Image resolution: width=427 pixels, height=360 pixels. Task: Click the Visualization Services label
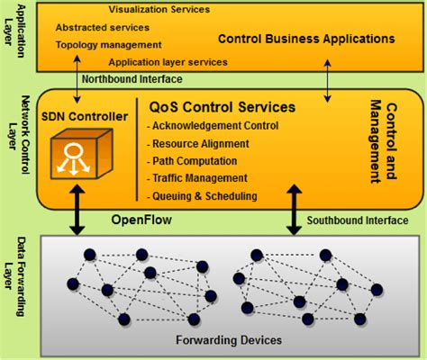[159, 10]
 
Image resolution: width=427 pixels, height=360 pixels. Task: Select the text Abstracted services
[102, 27]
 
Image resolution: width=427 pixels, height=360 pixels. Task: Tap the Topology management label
[103, 44]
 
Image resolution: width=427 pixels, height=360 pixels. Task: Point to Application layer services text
[168, 62]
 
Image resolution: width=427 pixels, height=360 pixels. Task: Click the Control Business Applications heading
[306, 40]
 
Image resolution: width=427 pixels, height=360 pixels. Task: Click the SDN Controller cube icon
[75, 154]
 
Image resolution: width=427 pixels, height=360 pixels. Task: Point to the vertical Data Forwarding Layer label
[17, 277]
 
